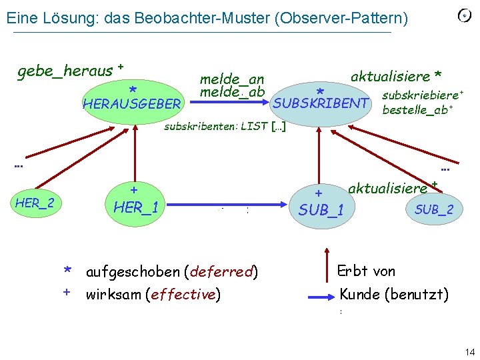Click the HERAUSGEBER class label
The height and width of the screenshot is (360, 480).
[131, 104]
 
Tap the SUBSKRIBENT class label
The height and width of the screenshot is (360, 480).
[321, 103]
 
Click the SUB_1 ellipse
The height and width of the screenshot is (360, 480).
[321, 205]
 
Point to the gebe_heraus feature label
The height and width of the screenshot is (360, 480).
[65, 70]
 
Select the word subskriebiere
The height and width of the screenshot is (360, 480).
[420, 97]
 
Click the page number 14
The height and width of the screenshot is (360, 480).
[469, 351]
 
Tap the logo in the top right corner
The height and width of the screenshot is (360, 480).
[464, 15]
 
